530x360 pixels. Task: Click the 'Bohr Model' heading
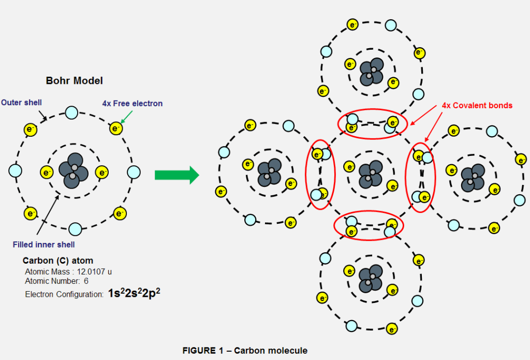75,81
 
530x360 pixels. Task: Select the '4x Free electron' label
132,104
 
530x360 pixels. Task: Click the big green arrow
176,175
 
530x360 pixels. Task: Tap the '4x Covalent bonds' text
477,106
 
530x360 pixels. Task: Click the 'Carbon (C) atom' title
58,261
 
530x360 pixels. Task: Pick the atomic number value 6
86,281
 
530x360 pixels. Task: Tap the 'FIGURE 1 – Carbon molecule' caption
245,351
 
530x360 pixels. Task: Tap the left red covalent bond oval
320,175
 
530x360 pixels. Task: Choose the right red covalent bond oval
420,176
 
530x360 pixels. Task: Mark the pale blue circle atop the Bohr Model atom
71,112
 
